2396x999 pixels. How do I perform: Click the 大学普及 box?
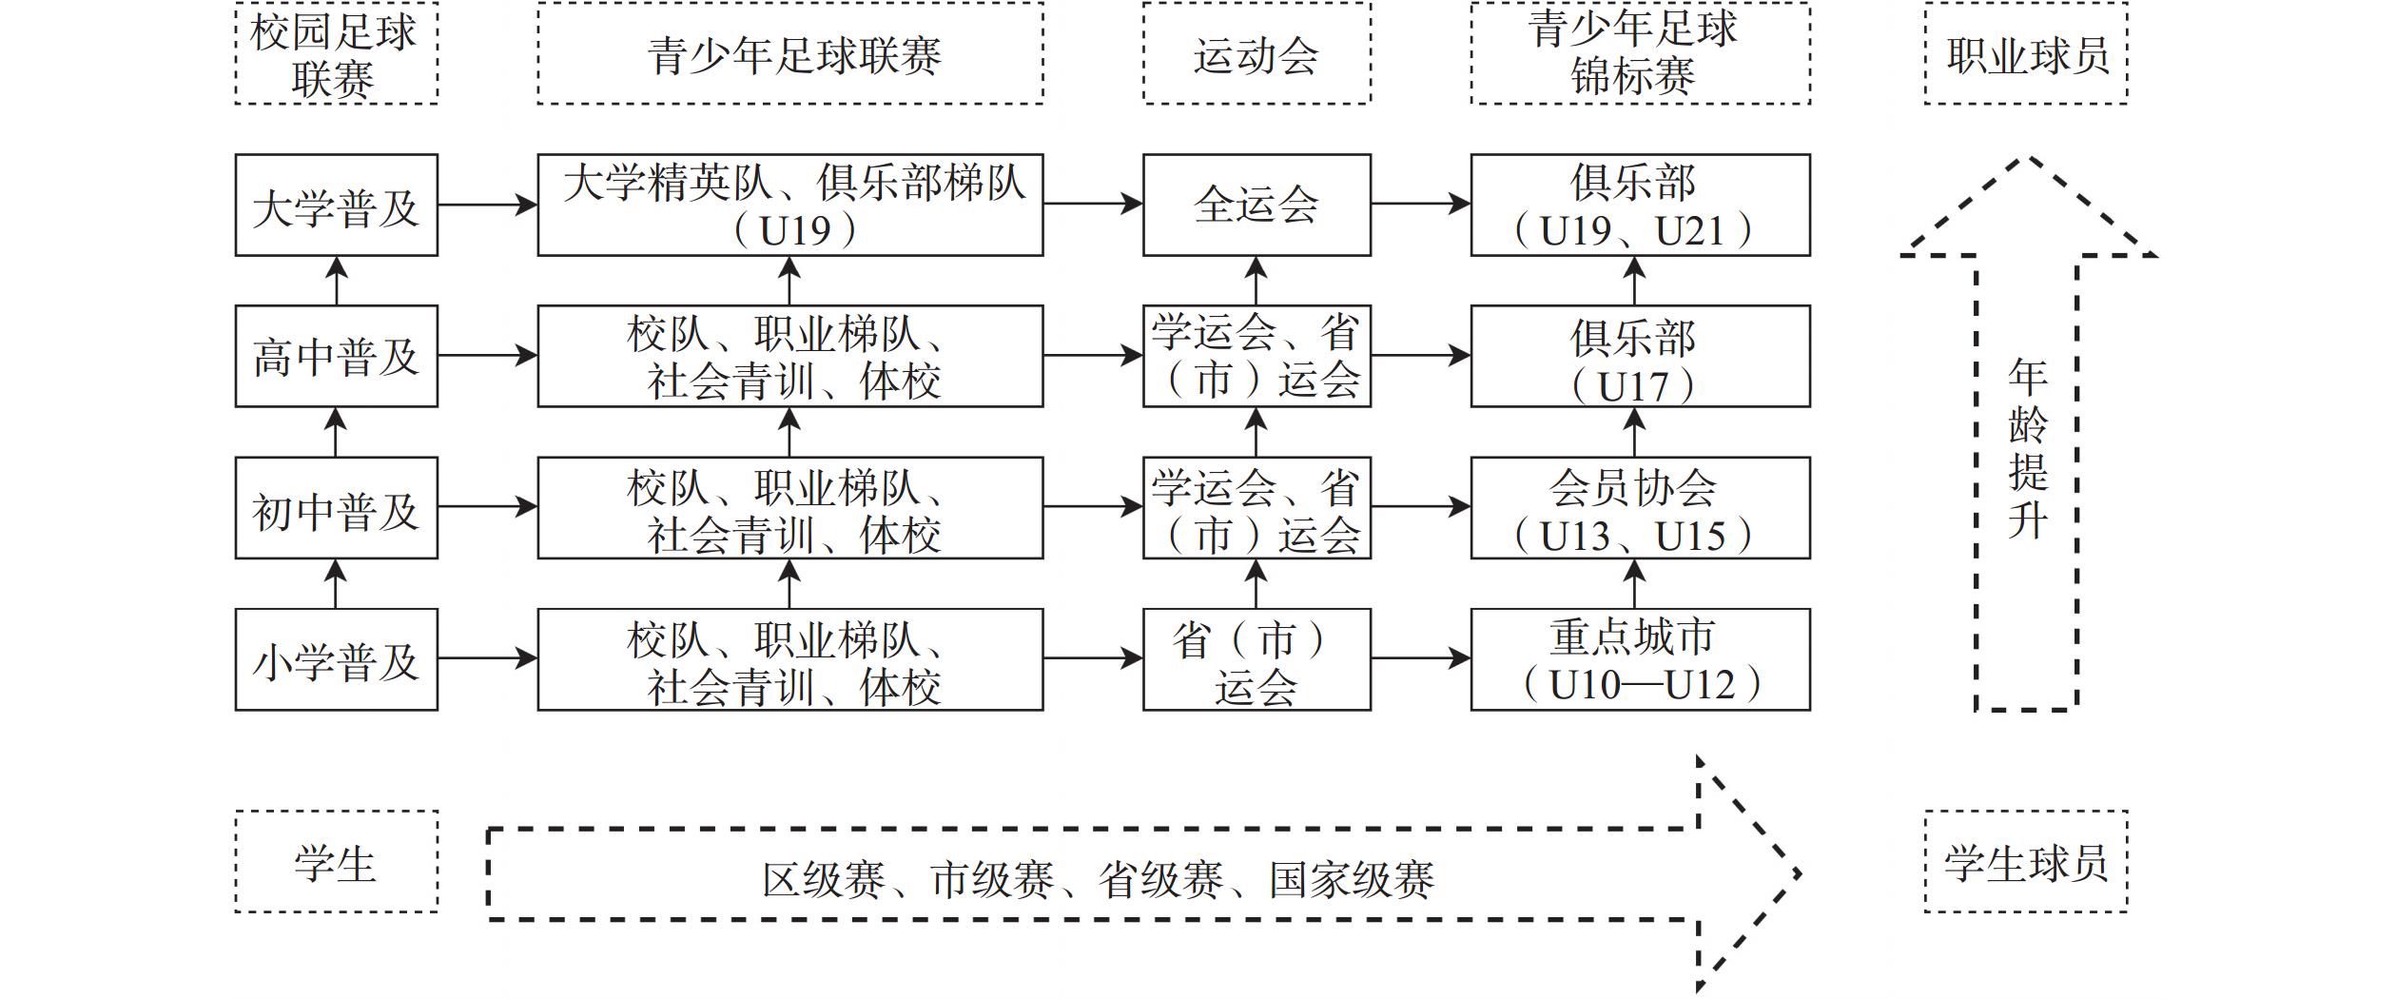pos(336,205)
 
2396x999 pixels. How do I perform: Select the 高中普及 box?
pos(336,356)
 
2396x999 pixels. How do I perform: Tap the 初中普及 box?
pos(336,507)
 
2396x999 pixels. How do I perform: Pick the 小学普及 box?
pos(336,659)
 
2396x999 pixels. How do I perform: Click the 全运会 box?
pos(1256,205)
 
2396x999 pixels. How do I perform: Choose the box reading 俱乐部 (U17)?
pos(1639,356)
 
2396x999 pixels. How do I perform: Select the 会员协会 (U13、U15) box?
pos(1639,507)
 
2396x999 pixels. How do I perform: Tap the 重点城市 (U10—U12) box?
pos(1639,659)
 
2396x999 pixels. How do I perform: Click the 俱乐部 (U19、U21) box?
pos(1639,205)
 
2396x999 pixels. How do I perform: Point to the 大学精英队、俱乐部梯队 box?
pos(789,205)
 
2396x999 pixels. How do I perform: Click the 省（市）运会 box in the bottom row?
pos(1256,659)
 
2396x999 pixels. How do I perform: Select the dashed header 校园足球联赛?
pos(336,53)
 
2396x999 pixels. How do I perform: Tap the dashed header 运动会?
pos(1256,53)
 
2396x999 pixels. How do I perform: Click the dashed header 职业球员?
pos(2025,53)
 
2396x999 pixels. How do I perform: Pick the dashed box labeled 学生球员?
pos(2025,862)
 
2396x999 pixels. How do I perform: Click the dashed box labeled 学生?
pos(336,862)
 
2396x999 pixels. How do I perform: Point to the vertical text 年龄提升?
pos(2026,447)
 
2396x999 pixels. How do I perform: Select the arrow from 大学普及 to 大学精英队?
pos(487,204)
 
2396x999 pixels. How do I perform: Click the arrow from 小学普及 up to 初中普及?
pos(336,583)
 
